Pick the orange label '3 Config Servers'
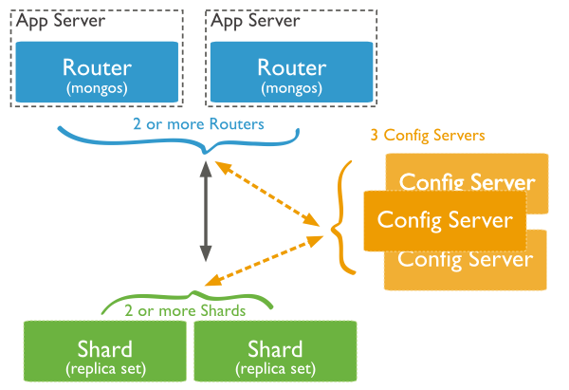click(428, 135)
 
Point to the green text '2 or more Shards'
click(185, 310)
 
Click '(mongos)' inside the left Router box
click(96, 87)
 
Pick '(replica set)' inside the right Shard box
click(275, 368)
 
